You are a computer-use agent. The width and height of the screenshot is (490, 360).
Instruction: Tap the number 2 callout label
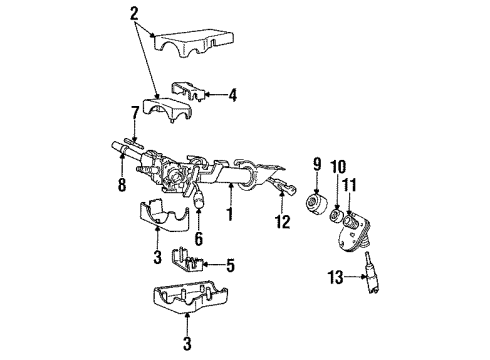[x=134, y=12]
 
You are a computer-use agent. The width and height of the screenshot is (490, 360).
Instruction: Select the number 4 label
[x=232, y=96]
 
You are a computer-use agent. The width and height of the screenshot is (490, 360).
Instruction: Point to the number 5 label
[x=230, y=266]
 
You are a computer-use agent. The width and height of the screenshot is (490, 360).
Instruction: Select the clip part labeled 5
[x=190, y=262]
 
